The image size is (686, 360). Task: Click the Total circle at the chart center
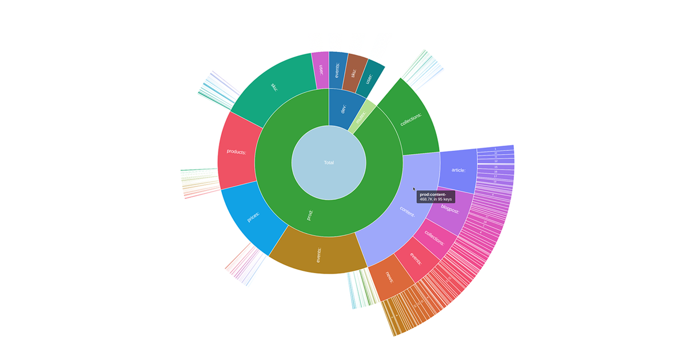click(329, 163)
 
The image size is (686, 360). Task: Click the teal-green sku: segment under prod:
click(273, 87)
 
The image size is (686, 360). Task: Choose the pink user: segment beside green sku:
click(321, 70)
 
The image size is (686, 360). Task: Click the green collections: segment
click(410, 118)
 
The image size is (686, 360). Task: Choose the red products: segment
click(236, 151)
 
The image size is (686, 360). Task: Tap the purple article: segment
click(458, 170)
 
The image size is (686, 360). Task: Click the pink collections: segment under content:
click(434, 239)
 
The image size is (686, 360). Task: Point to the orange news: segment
click(390, 278)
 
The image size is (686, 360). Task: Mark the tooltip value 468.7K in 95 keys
click(435, 199)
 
